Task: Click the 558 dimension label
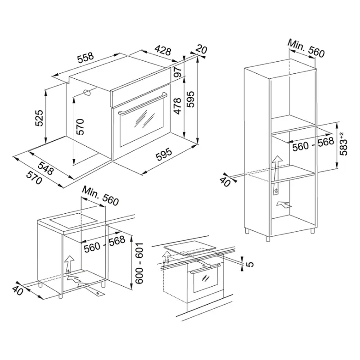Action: (x=85, y=58)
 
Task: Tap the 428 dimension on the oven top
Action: (x=163, y=50)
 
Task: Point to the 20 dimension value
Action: (x=201, y=49)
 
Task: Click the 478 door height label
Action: (x=177, y=106)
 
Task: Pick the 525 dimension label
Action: (x=39, y=118)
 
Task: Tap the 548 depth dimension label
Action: (x=46, y=167)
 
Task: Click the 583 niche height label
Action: (x=343, y=144)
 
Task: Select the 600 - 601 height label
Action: (x=139, y=263)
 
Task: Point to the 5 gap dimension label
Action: (x=251, y=264)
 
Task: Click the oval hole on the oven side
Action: (x=87, y=92)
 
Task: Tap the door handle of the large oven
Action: (x=142, y=103)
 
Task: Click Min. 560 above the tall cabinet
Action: (x=306, y=49)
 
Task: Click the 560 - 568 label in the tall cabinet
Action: (x=313, y=144)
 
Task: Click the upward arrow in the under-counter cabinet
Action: (x=69, y=265)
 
